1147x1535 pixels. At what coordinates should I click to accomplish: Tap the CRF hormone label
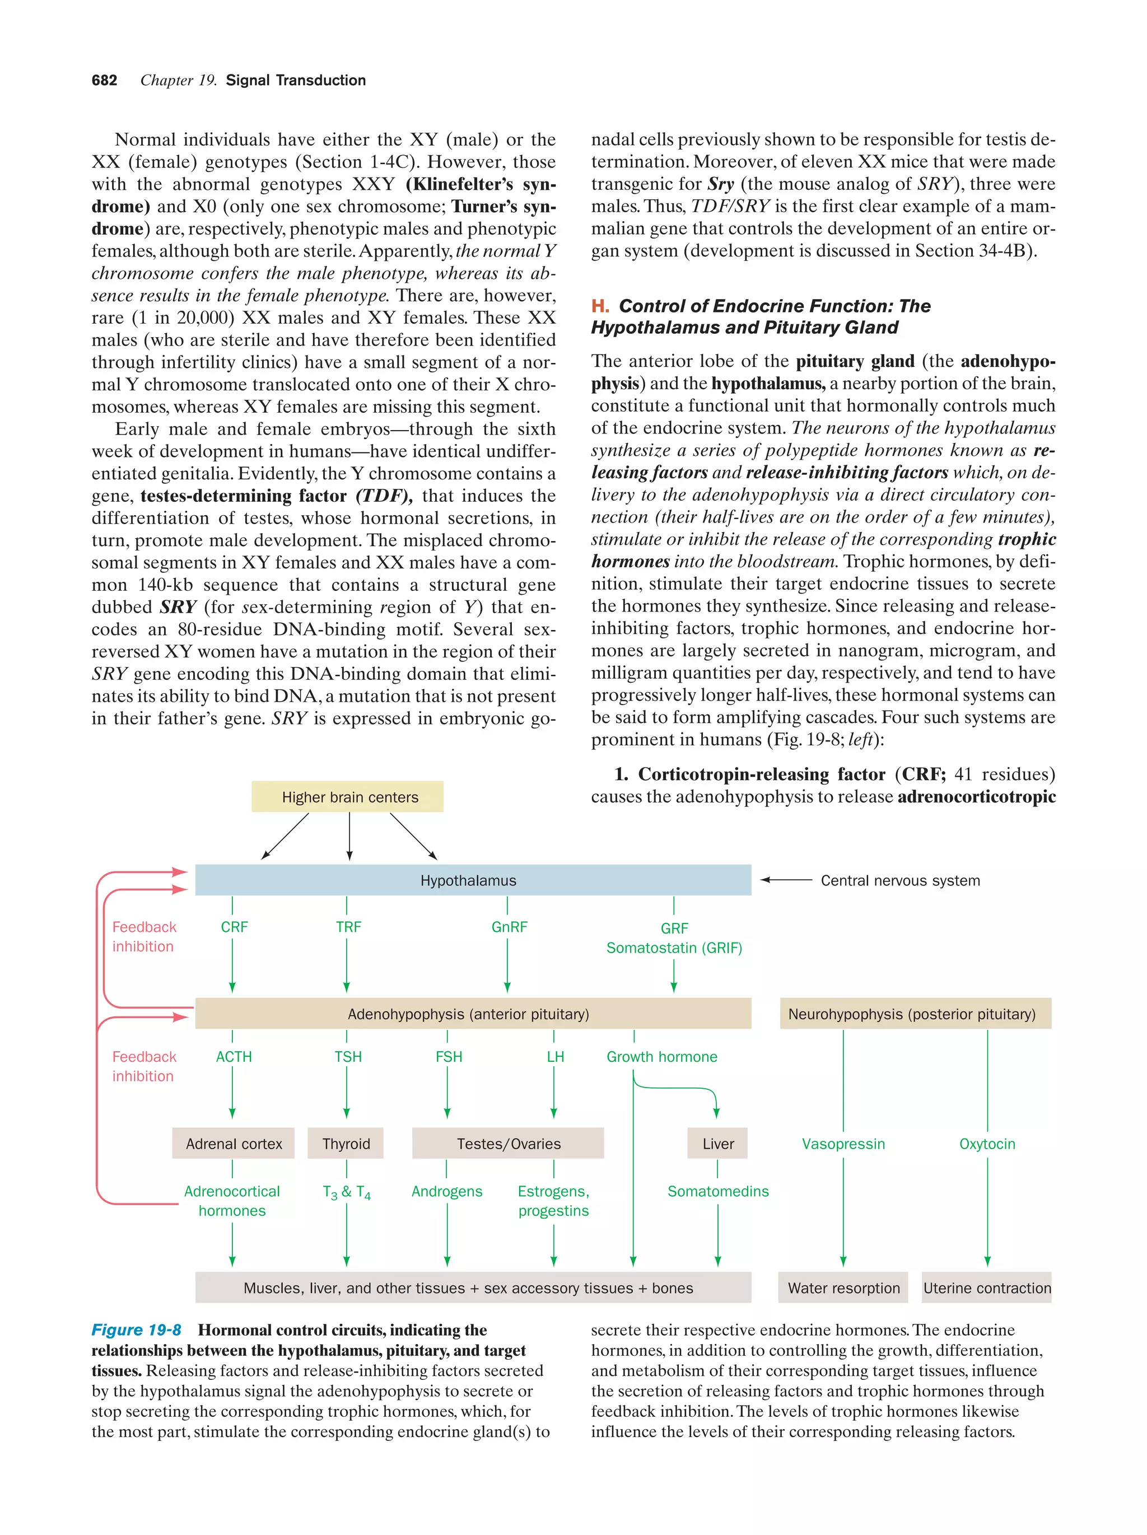pos(234,927)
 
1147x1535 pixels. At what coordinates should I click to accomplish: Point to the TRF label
pos(348,927)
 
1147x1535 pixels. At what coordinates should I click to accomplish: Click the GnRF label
pos(509,927)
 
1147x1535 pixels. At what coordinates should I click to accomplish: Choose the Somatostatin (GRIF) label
pos(673,948)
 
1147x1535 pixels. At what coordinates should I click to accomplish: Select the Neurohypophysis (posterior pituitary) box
pos(911,1014)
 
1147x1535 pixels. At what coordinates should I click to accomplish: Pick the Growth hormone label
pos(661,1057)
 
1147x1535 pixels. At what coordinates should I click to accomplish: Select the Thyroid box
pos(346,1144)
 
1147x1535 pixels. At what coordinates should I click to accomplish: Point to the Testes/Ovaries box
pos(508,1144)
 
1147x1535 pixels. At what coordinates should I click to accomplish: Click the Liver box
pos(717,1144)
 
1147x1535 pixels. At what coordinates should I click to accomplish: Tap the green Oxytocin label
pos(986,1144)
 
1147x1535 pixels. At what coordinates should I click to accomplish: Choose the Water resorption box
pos(842,1288)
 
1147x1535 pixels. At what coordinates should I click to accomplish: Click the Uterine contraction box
pos(986,1288)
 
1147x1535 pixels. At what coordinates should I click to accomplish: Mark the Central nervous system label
pos(899,880)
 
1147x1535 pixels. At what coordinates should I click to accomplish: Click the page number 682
pos(104,81)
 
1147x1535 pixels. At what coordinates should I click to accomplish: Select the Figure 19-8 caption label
pos(136,1330)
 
